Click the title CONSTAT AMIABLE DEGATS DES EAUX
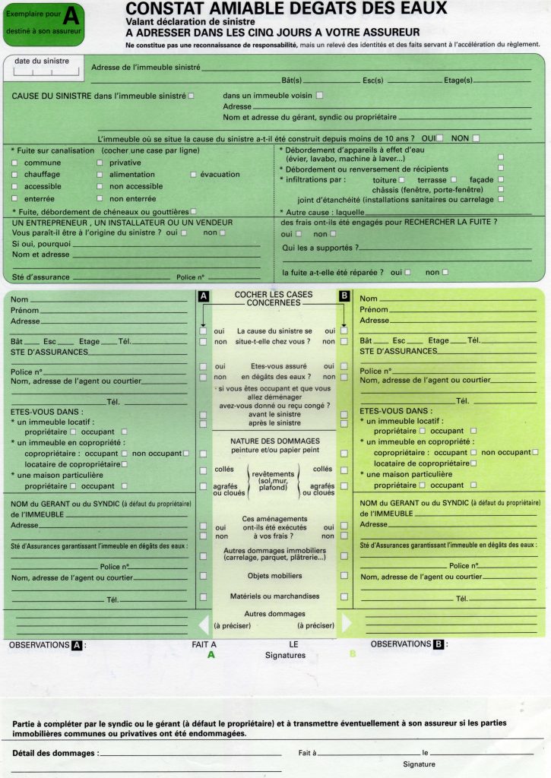[286, 9]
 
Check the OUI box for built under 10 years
[439, 138]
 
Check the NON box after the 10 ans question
[476, 138]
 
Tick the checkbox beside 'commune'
[16, 163]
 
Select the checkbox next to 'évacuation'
[193, 175]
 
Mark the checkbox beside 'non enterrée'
[100, 198]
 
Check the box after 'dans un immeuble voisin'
[319, 96]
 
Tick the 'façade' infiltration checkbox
[500, 180]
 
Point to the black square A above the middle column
[203, 296]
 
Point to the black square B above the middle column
[344, 296]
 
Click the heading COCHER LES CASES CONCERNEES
[273, 298]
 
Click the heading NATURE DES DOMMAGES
[274, 441]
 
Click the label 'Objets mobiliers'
[274, 576]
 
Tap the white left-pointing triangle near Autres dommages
[202, 624]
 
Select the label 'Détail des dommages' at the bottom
[55, 753]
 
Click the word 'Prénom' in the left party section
[25, 310]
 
